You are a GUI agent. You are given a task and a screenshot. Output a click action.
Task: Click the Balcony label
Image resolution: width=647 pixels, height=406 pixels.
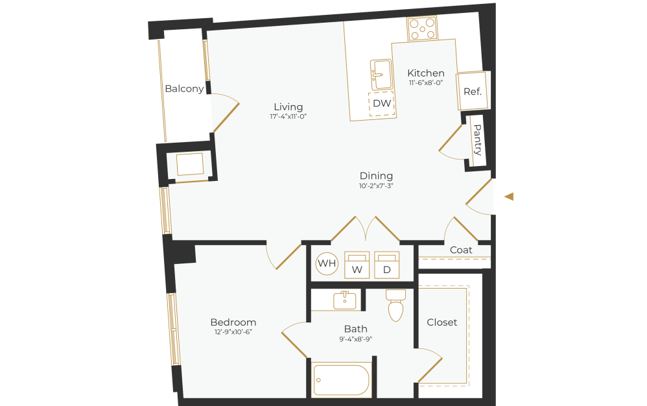(184, 89)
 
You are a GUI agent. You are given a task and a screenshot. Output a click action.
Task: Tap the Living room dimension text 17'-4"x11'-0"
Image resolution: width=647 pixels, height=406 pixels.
(288, 117)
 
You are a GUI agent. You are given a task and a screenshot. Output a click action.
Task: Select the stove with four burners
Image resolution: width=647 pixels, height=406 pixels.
(421, 29)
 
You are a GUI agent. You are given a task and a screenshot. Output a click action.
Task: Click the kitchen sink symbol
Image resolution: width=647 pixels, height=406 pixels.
(381, 75)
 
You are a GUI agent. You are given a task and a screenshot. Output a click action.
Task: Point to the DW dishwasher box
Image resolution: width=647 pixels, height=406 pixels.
(382, 103)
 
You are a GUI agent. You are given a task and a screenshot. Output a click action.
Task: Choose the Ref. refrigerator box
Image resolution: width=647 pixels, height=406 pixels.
(472, 91)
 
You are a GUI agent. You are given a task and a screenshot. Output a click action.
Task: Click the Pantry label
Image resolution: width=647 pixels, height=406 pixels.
(478, 140)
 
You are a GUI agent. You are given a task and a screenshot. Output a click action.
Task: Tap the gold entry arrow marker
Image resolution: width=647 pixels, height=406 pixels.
(509, 197)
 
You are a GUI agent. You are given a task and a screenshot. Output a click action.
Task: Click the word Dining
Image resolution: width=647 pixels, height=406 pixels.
(377, 176)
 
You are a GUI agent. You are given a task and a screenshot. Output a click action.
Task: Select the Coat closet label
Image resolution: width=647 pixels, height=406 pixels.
(461, 250)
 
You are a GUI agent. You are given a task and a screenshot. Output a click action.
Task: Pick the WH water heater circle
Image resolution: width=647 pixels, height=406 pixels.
(326, 263)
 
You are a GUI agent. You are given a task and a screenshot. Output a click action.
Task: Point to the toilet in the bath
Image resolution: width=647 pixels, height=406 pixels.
(395, 305)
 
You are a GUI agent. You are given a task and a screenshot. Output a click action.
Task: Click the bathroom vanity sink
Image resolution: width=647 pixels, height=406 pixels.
(344, 300)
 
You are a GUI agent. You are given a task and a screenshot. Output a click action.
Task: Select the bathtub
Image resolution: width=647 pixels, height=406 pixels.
(341, 380)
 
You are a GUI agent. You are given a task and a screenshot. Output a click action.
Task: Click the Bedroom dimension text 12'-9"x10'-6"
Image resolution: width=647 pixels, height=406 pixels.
(233, 332)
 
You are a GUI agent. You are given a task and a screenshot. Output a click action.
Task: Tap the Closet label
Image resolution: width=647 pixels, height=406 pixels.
(442, 322)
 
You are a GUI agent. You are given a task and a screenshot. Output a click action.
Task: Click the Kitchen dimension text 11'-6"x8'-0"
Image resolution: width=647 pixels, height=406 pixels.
(425, 83)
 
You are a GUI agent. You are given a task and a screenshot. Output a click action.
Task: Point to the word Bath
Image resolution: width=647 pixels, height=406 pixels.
(356, 329)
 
